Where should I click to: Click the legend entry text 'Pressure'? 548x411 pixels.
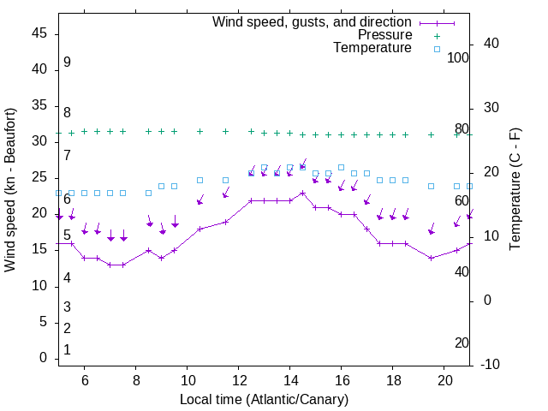pyautogui.click(x=385, y=35)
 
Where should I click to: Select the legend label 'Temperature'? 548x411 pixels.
pyautogui.click(x=372, y=49)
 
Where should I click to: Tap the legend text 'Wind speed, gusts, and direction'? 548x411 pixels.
pyautogui.click(x=313, y=21)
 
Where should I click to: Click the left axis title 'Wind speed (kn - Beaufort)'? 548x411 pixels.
pyautogui.click(x=10, y=190)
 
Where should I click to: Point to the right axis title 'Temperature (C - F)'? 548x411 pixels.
pyautogui.click(x=515, y=190)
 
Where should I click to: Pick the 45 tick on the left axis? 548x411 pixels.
pyautogui.click(x=39, y=33)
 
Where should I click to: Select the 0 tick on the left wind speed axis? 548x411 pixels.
pyautogui.click(x=42, y=359)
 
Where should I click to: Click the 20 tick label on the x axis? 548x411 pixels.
pyautogui.click(x=444, y=380)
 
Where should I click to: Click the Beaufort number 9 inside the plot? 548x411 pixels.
pyautogui.click(x=67, y=63)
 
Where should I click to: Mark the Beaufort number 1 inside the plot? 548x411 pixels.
pyautogui.click(x=67, y=350)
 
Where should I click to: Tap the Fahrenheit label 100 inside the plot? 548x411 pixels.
pyautogui.click(x=458, y=58)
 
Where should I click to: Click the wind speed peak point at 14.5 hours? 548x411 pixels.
pyautogui.click(x=303, y=194)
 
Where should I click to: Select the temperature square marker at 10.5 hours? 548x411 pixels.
pyautogui.click(x=200, y=181)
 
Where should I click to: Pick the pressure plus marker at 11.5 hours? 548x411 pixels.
pyautogui.click(x=225, y=132)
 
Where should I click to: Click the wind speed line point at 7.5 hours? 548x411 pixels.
pyautogui.click(x=122, y=265)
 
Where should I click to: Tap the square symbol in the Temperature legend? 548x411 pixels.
pyautogui.click(x=437, y=49)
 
